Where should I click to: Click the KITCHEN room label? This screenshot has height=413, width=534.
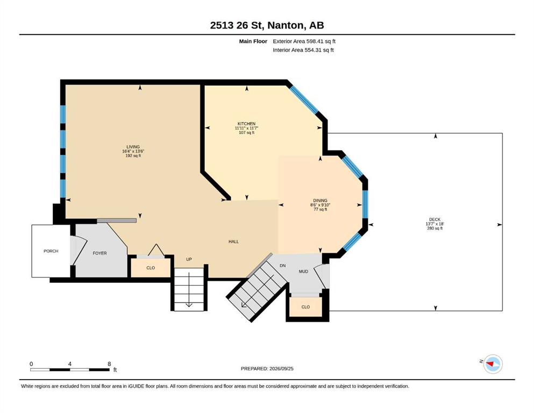pos(247,124)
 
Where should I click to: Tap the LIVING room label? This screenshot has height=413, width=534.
pos(133,147)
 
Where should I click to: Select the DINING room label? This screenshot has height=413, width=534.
pos(320,201)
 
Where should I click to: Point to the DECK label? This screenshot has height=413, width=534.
pos(435,219)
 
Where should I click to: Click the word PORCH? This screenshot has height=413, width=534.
pos(51,251)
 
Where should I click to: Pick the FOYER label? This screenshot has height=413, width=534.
pos(100,253)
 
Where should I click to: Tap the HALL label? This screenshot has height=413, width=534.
pos(233,241)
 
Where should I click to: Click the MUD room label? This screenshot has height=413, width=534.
pos(303,272)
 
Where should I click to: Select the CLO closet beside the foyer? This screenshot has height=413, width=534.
pos(151,268)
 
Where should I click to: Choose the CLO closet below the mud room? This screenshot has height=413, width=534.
pos(305,307)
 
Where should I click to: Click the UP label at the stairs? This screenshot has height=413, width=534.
pos(189,259)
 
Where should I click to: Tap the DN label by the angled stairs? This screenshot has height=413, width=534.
pos(283,266)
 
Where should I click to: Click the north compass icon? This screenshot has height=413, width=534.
pos(493,364)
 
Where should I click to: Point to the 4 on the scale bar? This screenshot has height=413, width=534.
pos(70,364)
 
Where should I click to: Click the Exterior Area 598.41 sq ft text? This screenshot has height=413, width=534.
pos(304,41)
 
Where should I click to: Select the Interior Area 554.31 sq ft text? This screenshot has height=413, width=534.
pos(303,50)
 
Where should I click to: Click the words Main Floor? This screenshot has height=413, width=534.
pos(253,41)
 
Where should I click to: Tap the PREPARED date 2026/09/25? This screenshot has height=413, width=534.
pos(281,368)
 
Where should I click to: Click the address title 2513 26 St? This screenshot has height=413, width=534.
pos(237,25)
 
